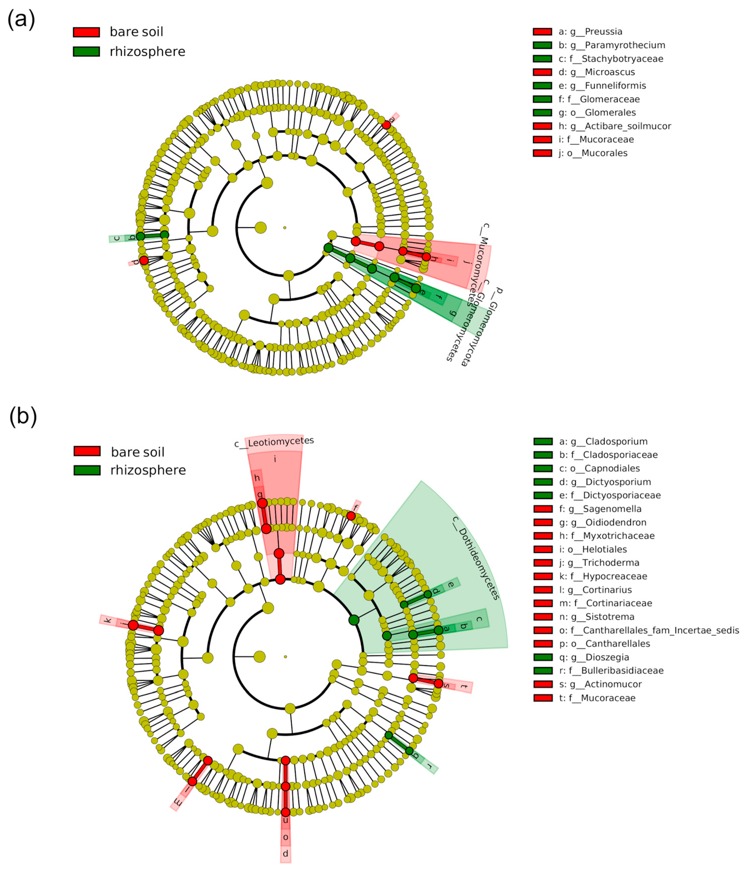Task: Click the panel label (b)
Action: coord(23,416)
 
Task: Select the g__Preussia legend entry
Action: coord(590,32)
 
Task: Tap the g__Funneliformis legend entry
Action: coord(602,86)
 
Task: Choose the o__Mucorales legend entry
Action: coord(593,153)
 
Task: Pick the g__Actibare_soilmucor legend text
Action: coord(615,126)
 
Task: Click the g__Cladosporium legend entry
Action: coord(603,441)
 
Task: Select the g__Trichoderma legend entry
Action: coord(599,562)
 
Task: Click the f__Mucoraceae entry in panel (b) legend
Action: coord(597,698)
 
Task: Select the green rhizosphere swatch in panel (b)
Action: coord(87,470)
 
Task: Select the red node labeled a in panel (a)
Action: coord(386,125)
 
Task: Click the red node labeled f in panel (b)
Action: coord(351,516)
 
